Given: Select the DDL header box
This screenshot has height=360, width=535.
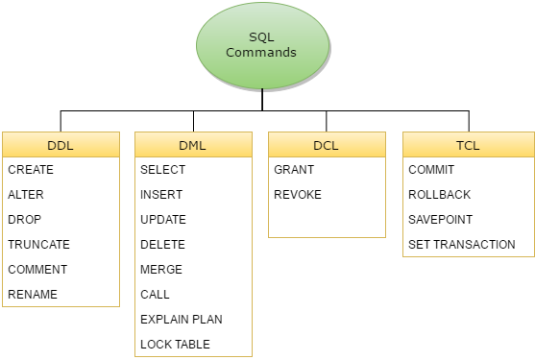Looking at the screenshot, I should pyautogui.click(x=61, y=146).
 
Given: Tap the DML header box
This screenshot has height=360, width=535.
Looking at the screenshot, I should pyautogui.click(x=193, y=146).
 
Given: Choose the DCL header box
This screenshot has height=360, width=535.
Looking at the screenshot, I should pyautogui.click(x=327, y=146).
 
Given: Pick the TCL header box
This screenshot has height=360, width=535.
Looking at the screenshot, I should pyautogui.click(x=468, y=146).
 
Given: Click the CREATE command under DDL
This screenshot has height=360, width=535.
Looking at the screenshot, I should pyautogui.click(x=31, y=170).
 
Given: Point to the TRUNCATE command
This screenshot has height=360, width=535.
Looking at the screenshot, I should pyautogui.click(x=38, y=245).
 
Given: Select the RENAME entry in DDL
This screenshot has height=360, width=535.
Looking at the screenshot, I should pyautogui.click(x=33, y=295).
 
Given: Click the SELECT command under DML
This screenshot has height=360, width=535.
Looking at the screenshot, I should pyautogui.click(x=162, y=170).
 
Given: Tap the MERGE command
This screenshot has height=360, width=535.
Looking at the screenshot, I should pyautogui.click(x=160, y=270).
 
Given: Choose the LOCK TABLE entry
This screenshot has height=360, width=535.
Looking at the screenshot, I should pyautogui.click(x=175, y=345).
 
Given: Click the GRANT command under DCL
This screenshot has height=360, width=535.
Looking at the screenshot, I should pyautogui.click(x=294, y=170).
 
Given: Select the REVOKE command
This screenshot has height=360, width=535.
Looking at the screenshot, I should pyautogui.click(x=298, y=195).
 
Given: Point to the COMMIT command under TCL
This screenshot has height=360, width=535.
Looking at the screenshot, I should pyautogui.click(x=431, y=170).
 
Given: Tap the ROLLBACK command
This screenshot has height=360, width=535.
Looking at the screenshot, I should pyautogui.click(x=439, y=195).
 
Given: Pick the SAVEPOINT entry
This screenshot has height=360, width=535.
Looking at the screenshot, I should pyautogui.click(x=440, y=220).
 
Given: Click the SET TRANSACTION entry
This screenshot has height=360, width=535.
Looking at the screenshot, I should pyautogui.click(x=461, y=245).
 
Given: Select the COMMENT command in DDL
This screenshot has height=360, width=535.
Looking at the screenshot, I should pyautogui.click(x=37, y=270).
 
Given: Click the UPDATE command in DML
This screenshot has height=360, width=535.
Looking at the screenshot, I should pyautogui.click(x=163, y=220).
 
